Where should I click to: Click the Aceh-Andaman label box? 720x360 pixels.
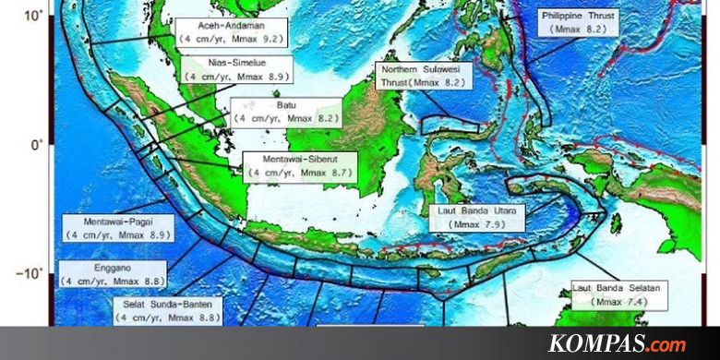point(232,33)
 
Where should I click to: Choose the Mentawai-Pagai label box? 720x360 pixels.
point(116,228)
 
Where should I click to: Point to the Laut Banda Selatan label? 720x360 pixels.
point(616,294)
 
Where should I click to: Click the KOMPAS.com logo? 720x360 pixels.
point(618,344)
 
